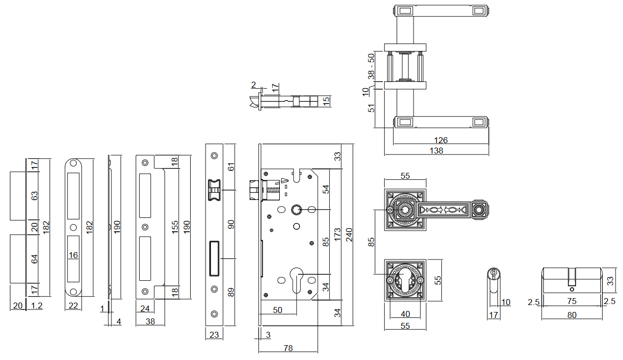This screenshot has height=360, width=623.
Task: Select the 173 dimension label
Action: coord(337,234)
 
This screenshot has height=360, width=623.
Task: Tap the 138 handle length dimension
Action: coord(436,151)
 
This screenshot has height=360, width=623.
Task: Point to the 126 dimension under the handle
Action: coord(441,140)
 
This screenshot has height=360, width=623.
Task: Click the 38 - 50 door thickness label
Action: coord(371,66)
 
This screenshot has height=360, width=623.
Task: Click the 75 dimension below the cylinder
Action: coord(572,302)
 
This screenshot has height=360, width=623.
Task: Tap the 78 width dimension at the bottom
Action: coord(287,348)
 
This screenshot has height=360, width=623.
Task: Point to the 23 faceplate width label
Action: coord(214,335)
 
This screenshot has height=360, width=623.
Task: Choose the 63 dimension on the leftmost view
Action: coord(34,196)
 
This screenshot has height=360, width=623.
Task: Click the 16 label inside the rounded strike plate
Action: coord(73,255)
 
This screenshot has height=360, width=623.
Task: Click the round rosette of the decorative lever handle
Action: coord(405,210)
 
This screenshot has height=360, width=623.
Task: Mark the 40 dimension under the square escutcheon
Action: coord(405,313)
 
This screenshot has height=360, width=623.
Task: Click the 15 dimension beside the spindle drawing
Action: coord(326,101)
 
